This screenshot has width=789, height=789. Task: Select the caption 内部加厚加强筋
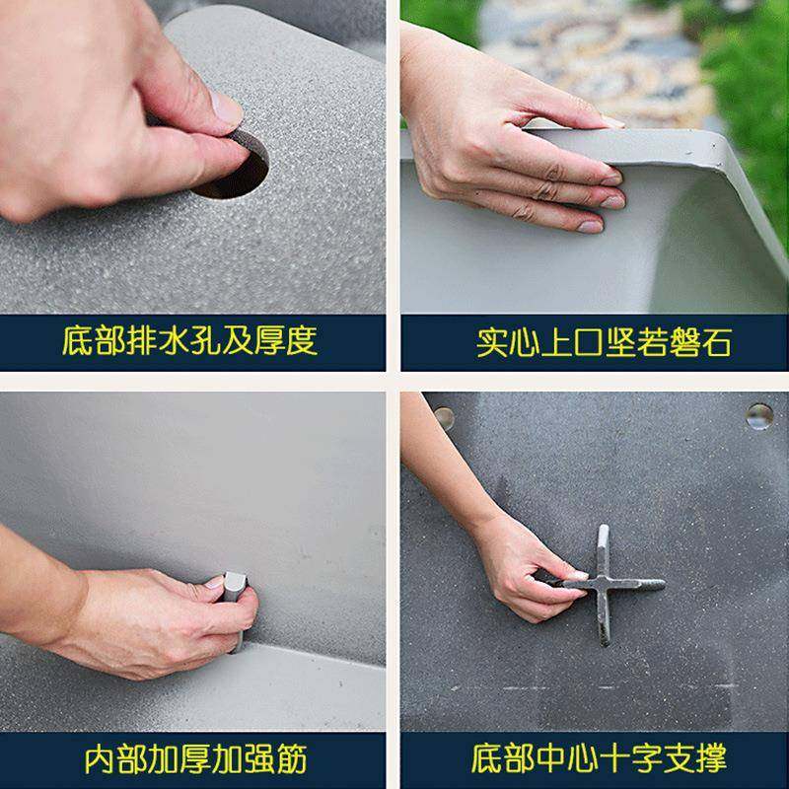(194, 759)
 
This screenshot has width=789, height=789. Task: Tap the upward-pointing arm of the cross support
(603, 547)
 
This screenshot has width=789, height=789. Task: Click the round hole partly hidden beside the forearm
(445, 416)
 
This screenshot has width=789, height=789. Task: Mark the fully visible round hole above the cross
(758, 415)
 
